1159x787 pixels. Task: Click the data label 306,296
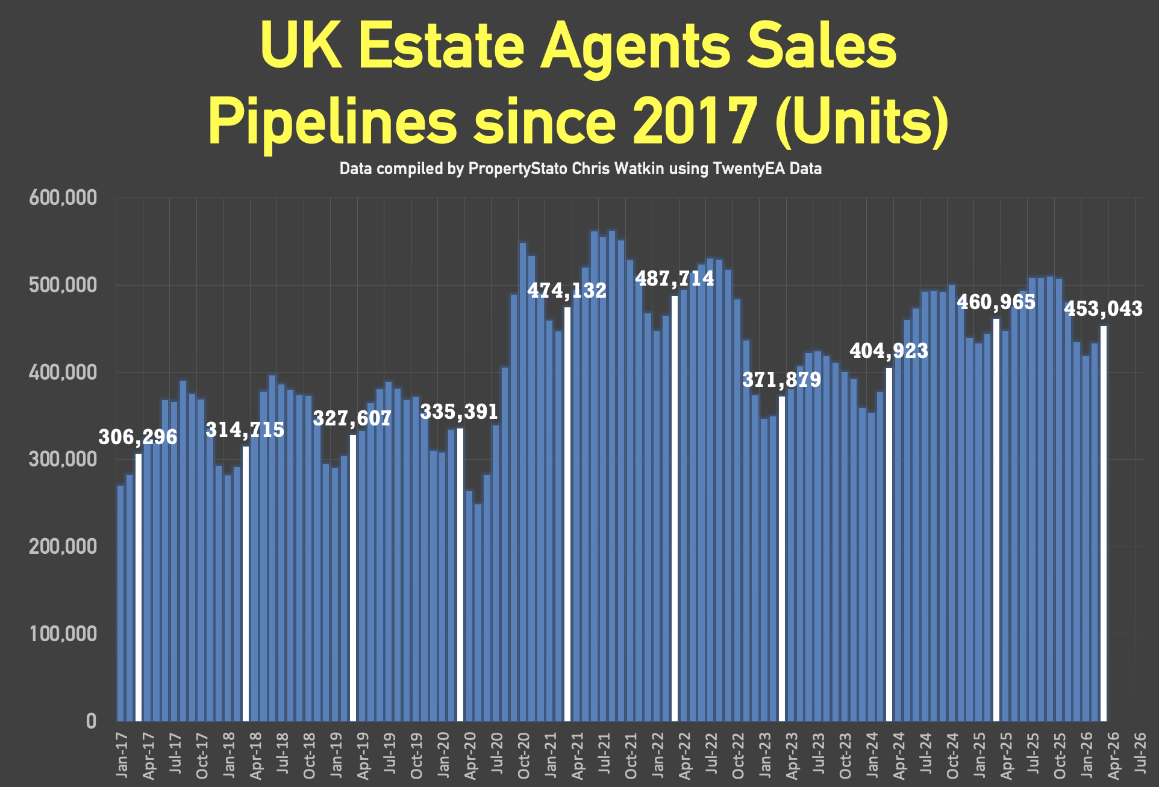[138, 437]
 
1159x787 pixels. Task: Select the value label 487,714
[675, 278]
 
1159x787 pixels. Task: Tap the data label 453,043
[1103, 309]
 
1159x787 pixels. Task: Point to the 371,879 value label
[781, 380]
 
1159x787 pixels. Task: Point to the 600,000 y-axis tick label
[63, 198]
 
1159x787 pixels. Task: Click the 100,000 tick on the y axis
[63, 634]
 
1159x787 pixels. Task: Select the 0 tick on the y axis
[91, 721]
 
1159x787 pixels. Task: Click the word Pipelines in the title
[333, 121]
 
